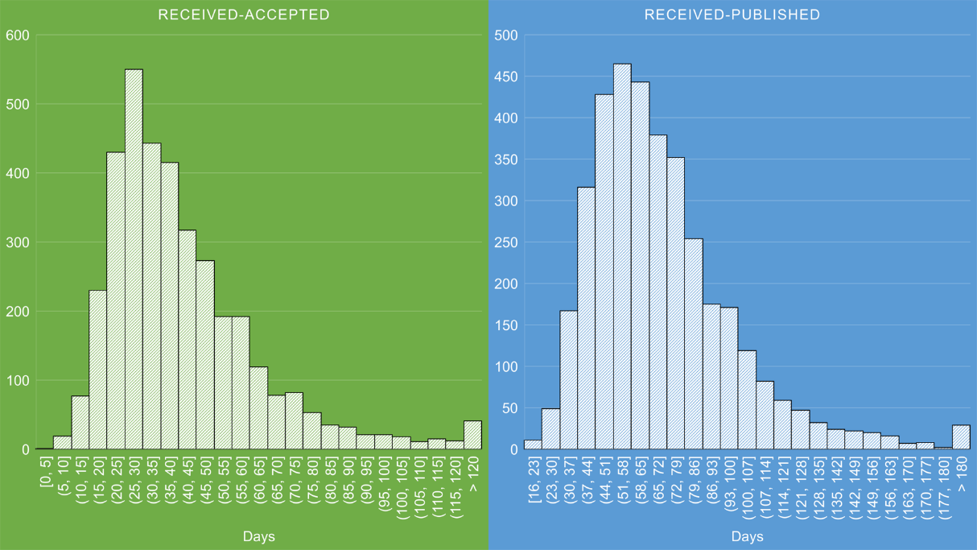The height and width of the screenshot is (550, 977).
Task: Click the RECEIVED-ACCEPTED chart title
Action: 244,14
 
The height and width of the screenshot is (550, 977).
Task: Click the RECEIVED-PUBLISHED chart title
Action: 732,14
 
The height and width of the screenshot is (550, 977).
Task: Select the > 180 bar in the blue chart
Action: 961,437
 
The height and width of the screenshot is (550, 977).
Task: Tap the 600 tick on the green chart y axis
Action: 17,35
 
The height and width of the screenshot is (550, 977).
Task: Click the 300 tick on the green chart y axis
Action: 17,242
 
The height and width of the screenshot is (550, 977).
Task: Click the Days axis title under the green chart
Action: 258,536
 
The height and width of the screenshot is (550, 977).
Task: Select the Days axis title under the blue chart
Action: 748,536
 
